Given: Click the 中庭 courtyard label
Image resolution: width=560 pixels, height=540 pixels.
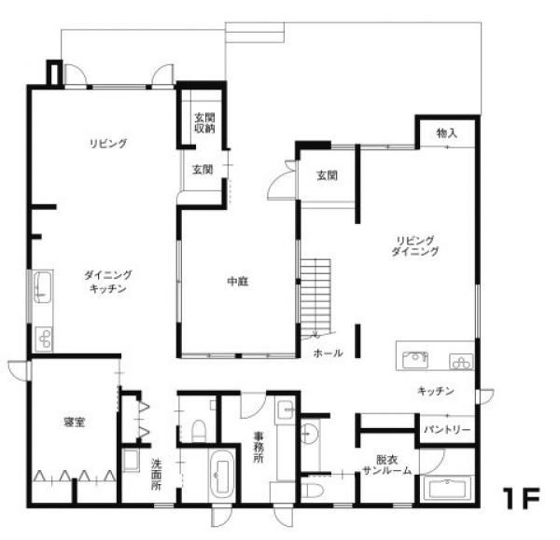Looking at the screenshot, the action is coord(238,282).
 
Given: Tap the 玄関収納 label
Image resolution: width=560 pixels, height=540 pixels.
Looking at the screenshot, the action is coord(204,123).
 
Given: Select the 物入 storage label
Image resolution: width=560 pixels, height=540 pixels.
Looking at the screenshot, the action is coord(447,133).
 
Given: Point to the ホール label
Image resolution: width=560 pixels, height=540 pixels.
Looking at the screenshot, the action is coord(328,353).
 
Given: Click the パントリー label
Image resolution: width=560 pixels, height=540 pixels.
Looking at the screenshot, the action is coord(447,429).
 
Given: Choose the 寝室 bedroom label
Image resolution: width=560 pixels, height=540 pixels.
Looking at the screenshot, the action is coord(75,422).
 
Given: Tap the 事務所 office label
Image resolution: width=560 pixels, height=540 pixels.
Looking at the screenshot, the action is coord(259,448).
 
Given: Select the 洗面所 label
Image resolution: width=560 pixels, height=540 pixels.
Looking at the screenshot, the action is coord(156,475).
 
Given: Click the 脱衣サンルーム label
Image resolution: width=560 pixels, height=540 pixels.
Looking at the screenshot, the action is coord(386,465).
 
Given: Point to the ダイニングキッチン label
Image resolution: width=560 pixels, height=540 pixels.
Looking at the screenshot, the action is coord(108,282).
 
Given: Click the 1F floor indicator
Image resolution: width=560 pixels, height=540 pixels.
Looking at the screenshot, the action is coord(521,498).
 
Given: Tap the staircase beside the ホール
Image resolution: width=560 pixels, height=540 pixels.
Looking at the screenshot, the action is coord(315,299).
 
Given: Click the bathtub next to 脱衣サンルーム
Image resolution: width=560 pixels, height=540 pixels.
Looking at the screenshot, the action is coord(447,489).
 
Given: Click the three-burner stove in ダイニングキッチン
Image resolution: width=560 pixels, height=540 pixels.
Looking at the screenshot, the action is coord(44,339).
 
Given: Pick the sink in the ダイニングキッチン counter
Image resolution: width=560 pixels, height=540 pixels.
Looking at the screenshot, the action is coord(43,287).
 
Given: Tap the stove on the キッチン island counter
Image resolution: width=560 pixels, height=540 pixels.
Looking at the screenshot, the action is coord(461,361).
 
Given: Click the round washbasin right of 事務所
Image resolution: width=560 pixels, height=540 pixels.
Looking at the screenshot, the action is coord(309,434).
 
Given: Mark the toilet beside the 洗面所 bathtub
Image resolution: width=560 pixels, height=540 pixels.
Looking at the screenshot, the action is coord(199,430).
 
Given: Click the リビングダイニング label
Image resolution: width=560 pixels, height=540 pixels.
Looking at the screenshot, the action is coord(414,246).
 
